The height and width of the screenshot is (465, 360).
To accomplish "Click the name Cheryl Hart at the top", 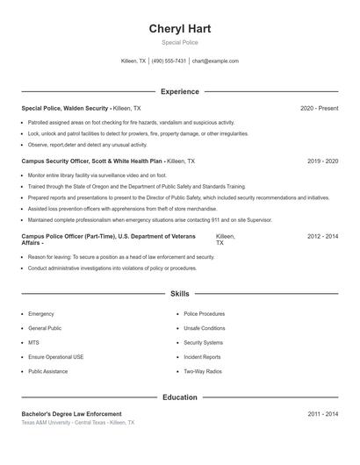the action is pos(180,29).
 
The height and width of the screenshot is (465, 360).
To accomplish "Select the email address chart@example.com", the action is pos(215,61).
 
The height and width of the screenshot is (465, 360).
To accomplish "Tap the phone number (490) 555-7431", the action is pos(169,61).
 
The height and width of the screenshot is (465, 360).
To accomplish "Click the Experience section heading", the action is pos(180,91).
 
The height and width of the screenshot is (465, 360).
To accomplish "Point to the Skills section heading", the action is pos(180,293).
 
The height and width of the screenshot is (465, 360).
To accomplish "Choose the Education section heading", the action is pos(180,397).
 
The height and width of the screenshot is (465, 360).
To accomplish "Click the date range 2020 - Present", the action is pos(319,108).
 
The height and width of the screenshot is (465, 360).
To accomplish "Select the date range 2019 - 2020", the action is pos(322,162).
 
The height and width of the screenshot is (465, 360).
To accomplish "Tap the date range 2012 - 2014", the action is pos(322,237).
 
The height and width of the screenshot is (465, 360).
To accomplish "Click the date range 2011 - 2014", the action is pos(322,413).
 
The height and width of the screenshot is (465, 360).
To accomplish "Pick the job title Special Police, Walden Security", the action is pos(65,108).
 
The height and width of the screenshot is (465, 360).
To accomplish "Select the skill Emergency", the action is pos(41,313).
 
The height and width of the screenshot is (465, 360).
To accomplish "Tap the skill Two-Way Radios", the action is pos(202,371).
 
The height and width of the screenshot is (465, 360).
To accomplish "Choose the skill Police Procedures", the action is pos(204,313).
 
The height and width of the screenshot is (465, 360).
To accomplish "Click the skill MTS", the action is pos(33,342).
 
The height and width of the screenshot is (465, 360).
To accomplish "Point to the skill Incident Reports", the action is pos(202,357).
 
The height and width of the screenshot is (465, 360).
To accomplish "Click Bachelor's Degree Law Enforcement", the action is pos(71,413).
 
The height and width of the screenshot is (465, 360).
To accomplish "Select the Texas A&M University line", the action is pos(78,423).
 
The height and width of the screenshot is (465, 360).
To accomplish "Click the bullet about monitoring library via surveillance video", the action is pos(97,175).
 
